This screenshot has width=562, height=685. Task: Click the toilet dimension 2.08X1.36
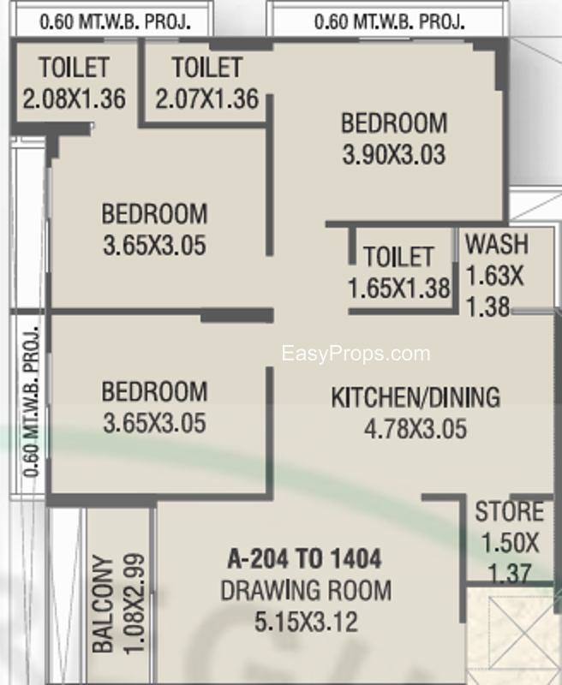tap(75, 98)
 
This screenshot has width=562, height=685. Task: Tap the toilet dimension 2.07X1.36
tap(207, 98)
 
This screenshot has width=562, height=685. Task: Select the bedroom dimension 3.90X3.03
tap(394, 155)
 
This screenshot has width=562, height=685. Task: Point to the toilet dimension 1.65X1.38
tap(399, 289)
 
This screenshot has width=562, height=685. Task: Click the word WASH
tap(497, 244)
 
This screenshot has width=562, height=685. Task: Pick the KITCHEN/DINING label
tap(416, 397)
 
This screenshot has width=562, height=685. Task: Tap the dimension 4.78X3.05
tap(416, 429)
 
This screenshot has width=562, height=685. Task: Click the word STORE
tap(510, 511)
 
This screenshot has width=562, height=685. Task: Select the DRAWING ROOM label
tap(306, 591)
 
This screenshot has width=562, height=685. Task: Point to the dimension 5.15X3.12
tap(306, 622)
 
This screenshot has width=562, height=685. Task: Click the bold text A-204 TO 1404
tap(305, 559)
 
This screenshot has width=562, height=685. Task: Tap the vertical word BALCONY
tap(103, 605)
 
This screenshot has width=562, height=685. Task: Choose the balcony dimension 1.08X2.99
tap(135, 605)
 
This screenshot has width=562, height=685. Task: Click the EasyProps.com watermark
tap(356, 354)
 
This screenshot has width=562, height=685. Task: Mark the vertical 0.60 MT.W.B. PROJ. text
tap(31, 402)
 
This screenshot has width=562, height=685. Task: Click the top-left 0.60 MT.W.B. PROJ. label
tap(116, 22)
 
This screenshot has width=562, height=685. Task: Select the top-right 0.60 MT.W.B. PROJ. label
tap(390, 22)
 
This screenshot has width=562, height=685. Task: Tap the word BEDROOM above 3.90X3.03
tap(394, 123)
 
